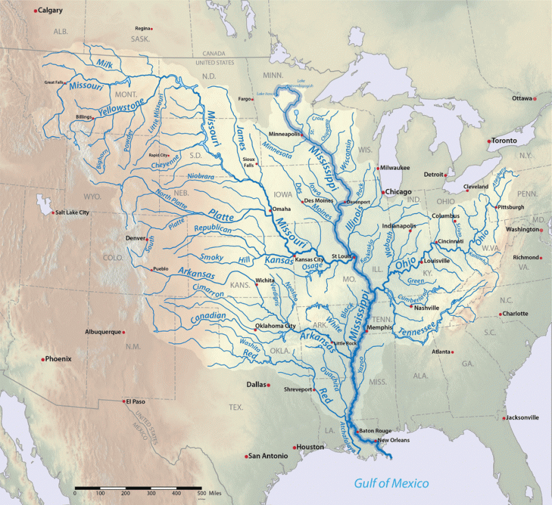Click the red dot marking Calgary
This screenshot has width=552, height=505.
point(36,11)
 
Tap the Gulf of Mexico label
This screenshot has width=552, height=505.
point(392,484)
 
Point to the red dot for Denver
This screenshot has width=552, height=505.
point(146,238)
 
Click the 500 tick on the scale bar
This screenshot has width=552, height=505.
point(201,493)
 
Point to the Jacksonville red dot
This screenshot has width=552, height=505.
point(504,417)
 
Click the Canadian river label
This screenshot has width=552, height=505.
point(204,319)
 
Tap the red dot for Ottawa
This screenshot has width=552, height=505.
point(535,99)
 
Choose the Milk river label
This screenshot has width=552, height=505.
point(104,64)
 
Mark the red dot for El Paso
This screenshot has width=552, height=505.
point(123,402)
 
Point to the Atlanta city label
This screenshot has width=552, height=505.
point(441,352)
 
